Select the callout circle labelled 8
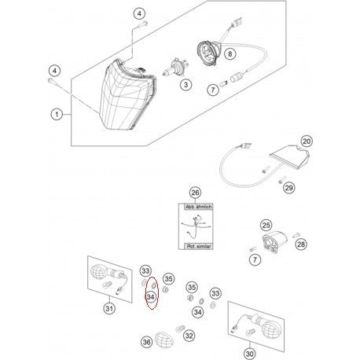tap(230, 54)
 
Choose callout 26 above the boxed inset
tap(196, 193)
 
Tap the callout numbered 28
tap(302, 246)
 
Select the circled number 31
tap(108, 307)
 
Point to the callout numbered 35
tap(167, 279)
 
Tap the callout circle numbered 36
tap(146, 342)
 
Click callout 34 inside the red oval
tap(150, 297)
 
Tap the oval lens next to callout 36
tap(166, 341)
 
